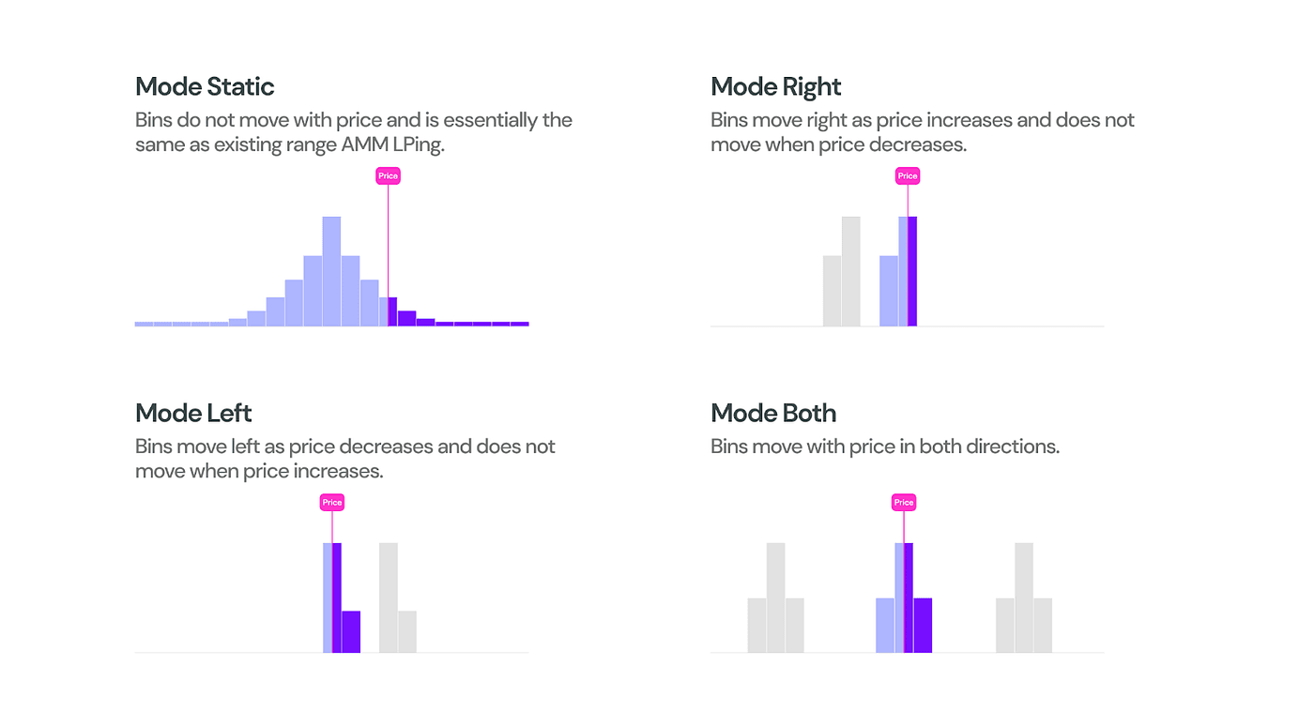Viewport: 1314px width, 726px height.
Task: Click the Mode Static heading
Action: pos(205,87)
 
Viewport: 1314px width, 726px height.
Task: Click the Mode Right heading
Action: pos(776,87)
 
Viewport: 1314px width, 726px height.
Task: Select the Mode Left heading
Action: pos(193,414)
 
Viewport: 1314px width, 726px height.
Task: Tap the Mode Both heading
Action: pos(773,414)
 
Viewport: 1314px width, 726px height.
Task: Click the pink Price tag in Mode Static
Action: pos(388,176)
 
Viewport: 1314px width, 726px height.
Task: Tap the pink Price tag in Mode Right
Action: pos(908,176)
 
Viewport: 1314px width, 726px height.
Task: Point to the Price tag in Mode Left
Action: pos(332,503)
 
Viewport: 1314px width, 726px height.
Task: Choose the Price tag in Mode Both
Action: pos(904,503)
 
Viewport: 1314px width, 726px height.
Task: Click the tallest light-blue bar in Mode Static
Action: pos(331,272)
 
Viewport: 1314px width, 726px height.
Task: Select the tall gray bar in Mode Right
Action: pos(851,272)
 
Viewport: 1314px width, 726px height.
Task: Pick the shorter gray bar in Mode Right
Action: pos(833,291)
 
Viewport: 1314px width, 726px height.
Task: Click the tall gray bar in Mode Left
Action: pos(389,597)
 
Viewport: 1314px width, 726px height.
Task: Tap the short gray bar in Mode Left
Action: pos(407,631)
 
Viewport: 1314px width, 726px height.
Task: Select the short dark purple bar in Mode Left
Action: pos(351,631)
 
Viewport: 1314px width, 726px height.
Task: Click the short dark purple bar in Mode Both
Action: pos(923,625)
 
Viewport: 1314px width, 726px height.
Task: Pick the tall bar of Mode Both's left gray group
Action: pos(775,597)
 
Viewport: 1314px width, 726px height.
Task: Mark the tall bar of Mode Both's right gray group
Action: pos(1024,597)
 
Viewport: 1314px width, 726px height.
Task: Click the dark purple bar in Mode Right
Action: pos(912,272)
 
